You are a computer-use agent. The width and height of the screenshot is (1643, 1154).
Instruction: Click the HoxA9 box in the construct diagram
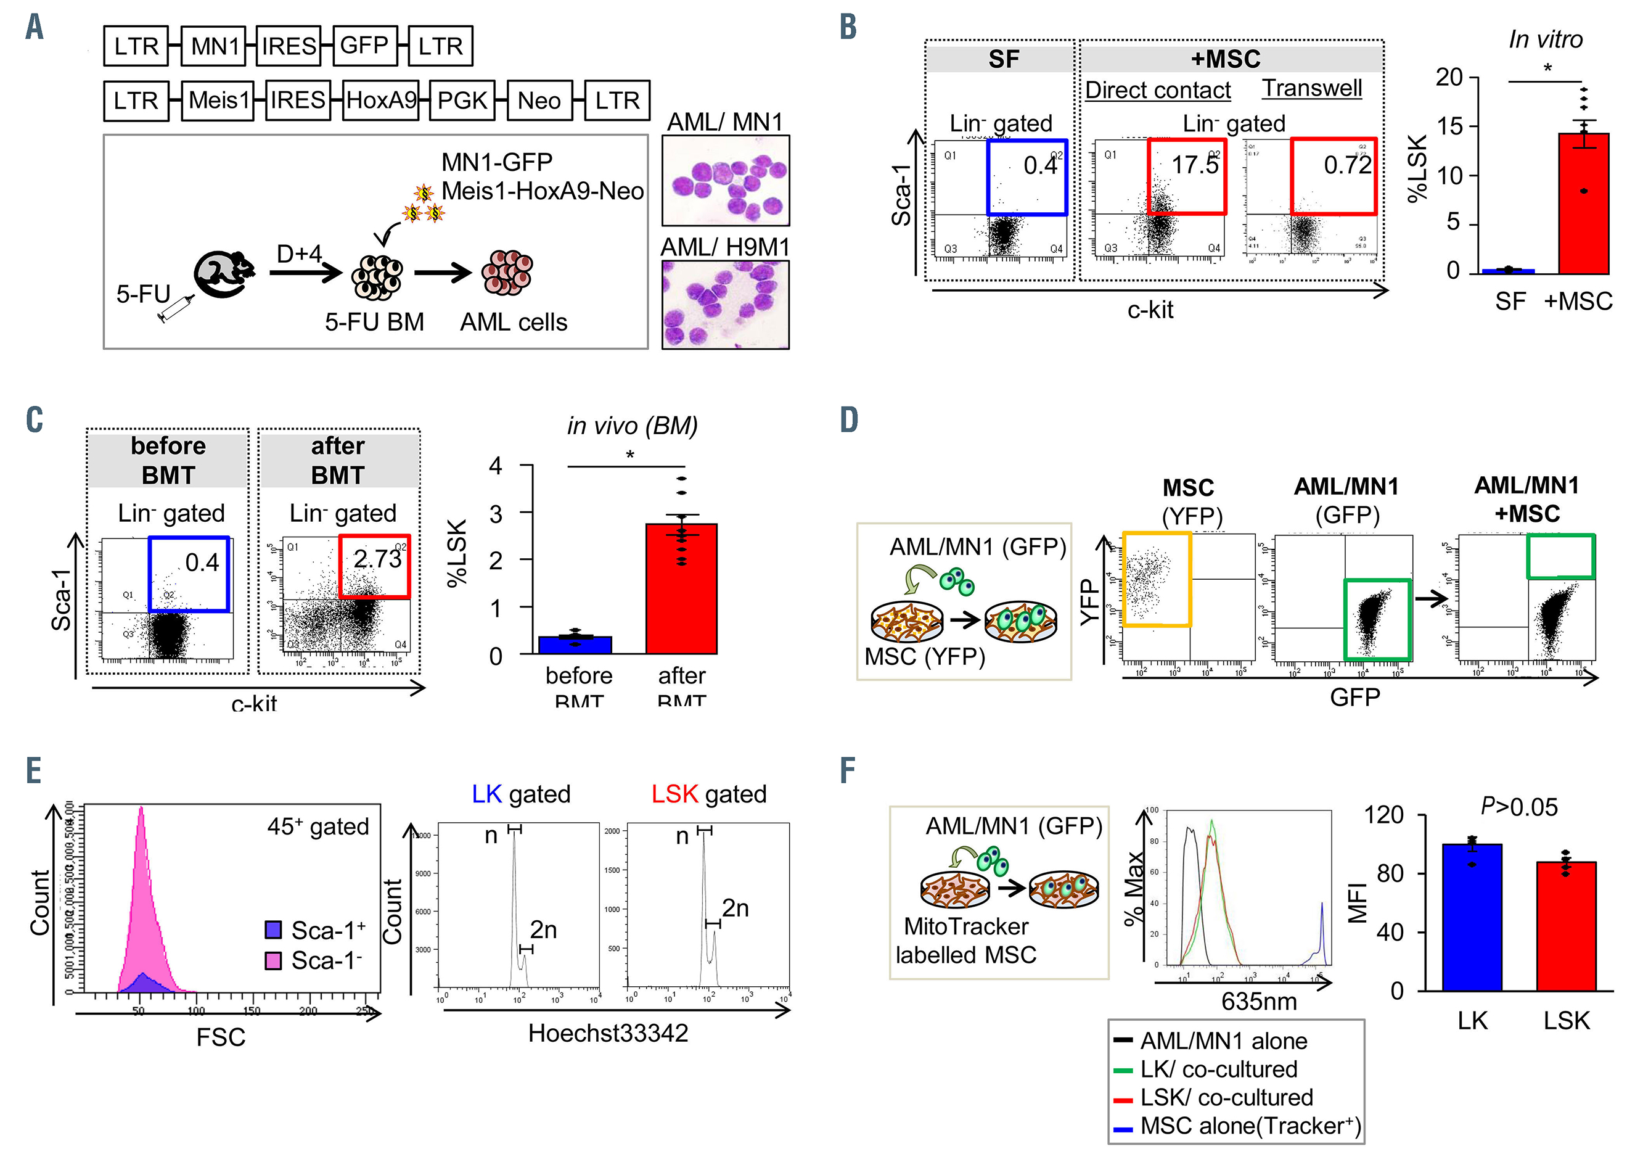(x=382, y=100)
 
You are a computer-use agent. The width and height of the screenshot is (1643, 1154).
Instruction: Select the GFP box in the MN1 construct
(x=364, y=46)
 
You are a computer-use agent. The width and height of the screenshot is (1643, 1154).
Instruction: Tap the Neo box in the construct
(x=539, y=100)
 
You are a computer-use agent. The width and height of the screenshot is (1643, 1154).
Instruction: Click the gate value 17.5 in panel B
(x=1194, y=165)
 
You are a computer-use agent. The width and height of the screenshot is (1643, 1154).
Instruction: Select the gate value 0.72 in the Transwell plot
(x=1346, y=165)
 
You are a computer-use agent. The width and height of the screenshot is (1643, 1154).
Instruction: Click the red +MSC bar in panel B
(x=1584, y=204)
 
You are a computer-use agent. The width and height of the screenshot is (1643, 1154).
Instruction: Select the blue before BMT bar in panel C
(x=575, y=645)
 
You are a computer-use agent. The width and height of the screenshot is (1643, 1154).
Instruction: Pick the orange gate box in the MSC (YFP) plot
(x=1157, y=579)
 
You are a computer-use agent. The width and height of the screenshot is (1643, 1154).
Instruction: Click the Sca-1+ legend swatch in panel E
(x=273, y=930)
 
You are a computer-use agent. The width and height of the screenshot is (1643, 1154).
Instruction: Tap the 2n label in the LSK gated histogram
(x=735, y=909)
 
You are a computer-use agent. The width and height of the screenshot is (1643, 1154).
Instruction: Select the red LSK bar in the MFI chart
(x=1566, y=926)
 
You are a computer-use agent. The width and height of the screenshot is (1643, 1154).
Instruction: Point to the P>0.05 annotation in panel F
(x=1518, y=807)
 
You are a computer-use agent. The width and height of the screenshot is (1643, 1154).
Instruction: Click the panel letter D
(x=849, y=420)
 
